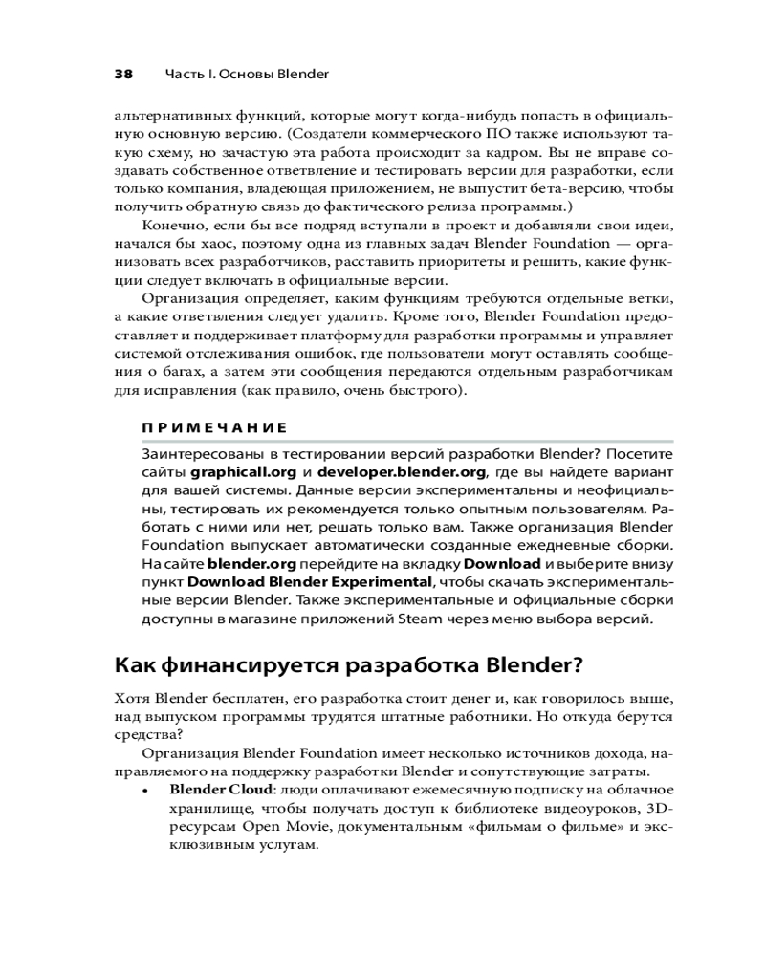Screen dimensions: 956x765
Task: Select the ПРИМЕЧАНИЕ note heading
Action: coord(201,427)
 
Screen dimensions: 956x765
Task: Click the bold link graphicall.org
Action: coord(247,471)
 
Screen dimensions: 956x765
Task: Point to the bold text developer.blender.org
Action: coord(404,471)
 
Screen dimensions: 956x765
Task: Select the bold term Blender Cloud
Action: coord(220,790)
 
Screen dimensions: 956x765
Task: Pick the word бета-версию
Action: coord(572,188)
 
